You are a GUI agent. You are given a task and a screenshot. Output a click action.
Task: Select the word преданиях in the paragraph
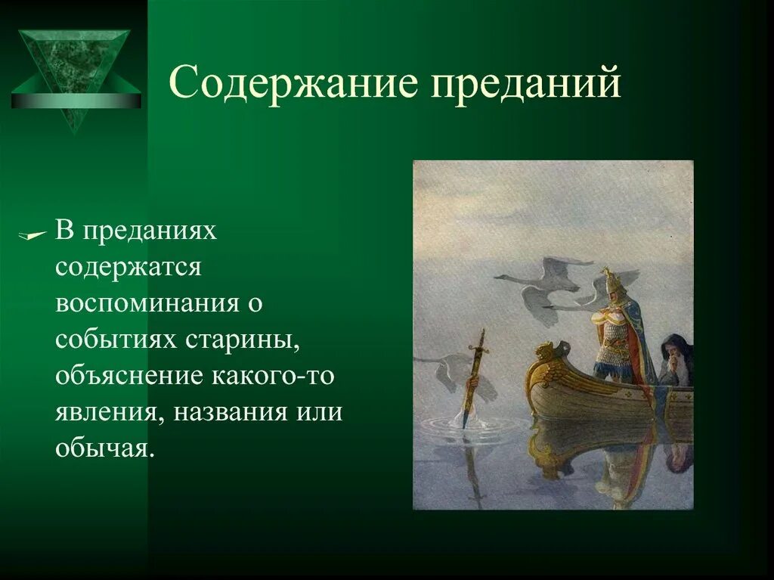[x=150, y=231]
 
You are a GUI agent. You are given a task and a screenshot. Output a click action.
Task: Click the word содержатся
[x=128, y=268]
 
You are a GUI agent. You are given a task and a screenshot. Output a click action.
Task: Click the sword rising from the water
[x=475, y=374]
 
